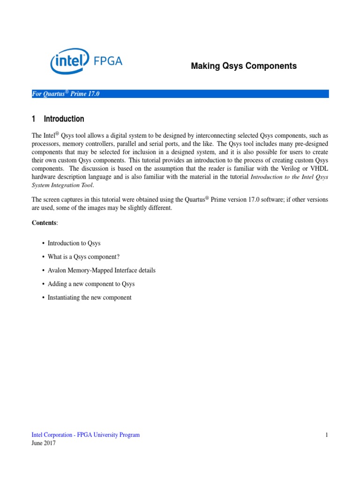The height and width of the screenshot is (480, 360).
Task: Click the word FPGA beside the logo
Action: pyautogui.click(x=107, y=61)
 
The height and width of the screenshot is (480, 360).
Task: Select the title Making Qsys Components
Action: pyautogui.click(x=244, y=66)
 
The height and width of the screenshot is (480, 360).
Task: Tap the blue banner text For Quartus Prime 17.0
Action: pyautogui.click(x=66, y=94)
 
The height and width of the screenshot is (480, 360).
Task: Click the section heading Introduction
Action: pyautogui.click(x=64, y=119)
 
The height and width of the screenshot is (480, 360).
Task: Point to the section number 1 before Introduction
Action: pyautogui.click(x=34, y=119)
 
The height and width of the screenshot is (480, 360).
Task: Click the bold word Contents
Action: pyautogui.click(x=44, y=223)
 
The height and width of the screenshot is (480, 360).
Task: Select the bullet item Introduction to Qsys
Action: pyautogui.click(x=74, y=243)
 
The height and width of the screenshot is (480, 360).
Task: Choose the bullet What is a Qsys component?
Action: pyautogui.click(x=80, y=257)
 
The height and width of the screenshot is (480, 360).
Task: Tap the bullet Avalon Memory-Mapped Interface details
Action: pyautogui.click(x=101, y=270)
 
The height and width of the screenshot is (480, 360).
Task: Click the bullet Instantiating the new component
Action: pyautogui.click(x=90, y=298)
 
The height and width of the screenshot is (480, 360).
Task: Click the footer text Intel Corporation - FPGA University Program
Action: pyautogui.click(x=86, y=435)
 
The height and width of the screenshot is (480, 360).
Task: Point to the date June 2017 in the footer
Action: pyautogui.click(x=44, y=443)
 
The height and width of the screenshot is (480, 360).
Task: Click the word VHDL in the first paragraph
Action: pyautogui.click(x=318, y=169)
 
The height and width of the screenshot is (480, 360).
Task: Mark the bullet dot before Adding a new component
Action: pyautogui.click(x=43, y=284)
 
